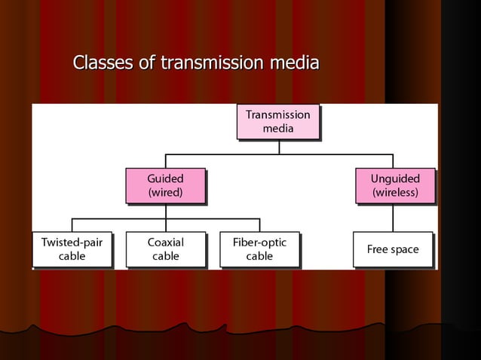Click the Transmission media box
pyautogui.click(x=277, y=122)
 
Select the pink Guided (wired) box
pyautogui.click(x=165, y=185)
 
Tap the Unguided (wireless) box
pyautogui.click(x=395, y=185)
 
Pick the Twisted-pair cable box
pyautogui.click(x=72, y=249)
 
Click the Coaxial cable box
pyautogui.click(x=165, y=249)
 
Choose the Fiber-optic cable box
pyautogui.click(x=259, y=249)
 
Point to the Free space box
pyautogui.click(x=393, y=249)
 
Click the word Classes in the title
pyautogui.click(x=105, y=63)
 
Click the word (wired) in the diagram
pyautogui.click(x=165, y=193)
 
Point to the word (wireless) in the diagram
pyautogui.click(x=395, y=193)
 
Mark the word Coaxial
pyautogui.click(x=165, y=243)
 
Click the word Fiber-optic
pyautogui.click(x=259, y=243)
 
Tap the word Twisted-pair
pyautogui.click(x=72, y=243)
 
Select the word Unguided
pyautogui.click(x=395, y=178)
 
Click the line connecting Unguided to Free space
pyautogui.click(x=393, y=218)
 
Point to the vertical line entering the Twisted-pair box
pyautogui.click(x=72, y=224)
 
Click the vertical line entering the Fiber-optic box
pyautogui.click(x=259, y=224)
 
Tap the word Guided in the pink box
pyautogui.click(x=165, y=178)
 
